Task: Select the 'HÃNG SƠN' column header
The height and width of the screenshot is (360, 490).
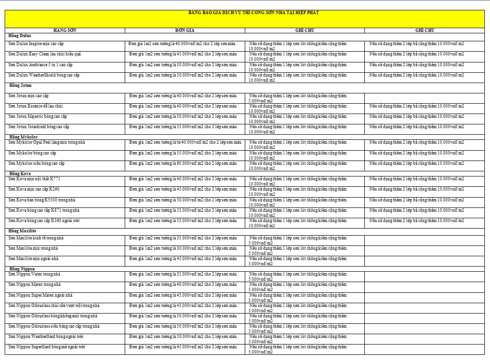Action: pyautogui.click(x=65, y=30)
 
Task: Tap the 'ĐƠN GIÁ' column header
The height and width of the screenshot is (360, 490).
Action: pyautogui.click(x=185, y=30)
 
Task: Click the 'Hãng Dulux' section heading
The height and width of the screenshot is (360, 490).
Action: pyautogui.click(x=20, y=36)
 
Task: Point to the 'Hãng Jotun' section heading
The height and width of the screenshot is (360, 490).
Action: pyautogui.click(x=21, y=85)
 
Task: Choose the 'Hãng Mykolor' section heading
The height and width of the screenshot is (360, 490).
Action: pyautogui.click(x=23, y=137)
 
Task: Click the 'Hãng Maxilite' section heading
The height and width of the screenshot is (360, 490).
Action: pyautogui.click(x=23, y=231)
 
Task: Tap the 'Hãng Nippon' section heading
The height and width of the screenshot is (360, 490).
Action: pyautogui.click(x=22, y=268)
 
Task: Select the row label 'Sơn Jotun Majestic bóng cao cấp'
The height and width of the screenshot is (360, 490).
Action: pyautogui.click(x=38, y=116)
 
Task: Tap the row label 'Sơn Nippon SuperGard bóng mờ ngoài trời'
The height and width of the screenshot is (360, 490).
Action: pyautogui.click(x=46, y=347)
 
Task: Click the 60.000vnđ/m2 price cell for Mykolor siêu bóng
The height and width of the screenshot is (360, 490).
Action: pyautogui.click(x=183, y=163)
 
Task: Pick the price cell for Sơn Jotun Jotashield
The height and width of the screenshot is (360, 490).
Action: pyautogui.click(x=183, y=127)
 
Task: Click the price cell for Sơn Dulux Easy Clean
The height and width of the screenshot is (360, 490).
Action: pyautogui.click(x=183, y=54)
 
